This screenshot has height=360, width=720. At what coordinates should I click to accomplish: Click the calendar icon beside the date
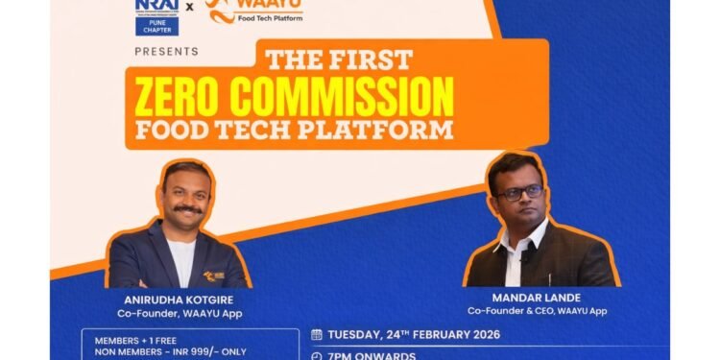point(317,335)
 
